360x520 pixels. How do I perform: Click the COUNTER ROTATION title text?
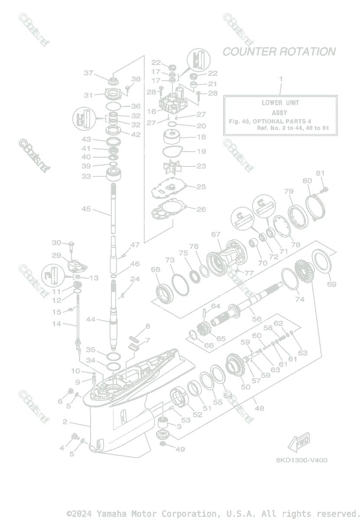point(279,52)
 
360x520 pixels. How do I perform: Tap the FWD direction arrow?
point(299,443)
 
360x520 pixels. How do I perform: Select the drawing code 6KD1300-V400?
point(301,460)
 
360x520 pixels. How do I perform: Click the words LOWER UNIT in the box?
point(280,103)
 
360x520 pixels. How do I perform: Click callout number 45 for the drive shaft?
point(87,209)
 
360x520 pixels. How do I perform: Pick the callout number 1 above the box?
point(280,79)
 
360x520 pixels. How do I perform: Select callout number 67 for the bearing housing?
point(216,234)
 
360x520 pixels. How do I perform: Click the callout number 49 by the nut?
point(180,449)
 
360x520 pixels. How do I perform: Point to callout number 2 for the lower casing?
point(65,422)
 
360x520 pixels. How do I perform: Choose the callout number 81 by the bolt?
point(320,173)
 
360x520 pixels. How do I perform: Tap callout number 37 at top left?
point(88,73)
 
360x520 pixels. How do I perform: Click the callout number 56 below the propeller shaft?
point(257,319)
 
